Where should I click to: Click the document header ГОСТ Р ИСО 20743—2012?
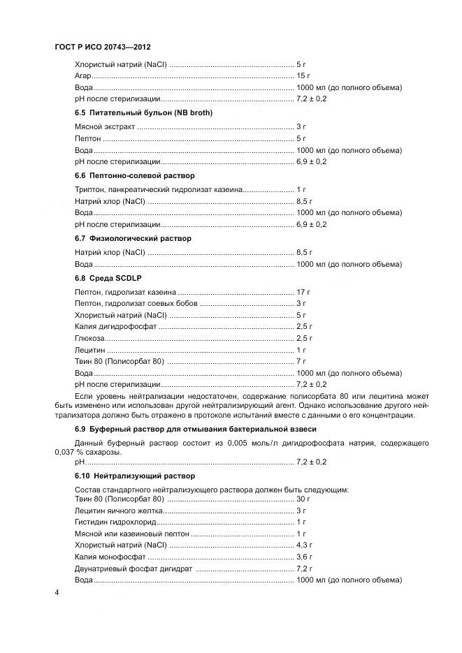coord(102,47)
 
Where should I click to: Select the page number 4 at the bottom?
coord(57,592)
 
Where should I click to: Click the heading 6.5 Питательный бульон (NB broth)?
coord(143,112)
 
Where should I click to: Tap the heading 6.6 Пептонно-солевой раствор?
coord(134,175)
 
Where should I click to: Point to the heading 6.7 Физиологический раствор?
coord(133,238)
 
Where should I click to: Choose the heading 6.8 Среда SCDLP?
coord(108,278)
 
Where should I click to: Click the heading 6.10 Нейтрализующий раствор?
coord(134,476)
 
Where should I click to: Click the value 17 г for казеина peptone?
coord(303,292)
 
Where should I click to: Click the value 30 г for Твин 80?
coord(303,499)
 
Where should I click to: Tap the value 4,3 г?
coord(304,545)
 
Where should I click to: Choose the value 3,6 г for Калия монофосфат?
coord(304,557)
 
